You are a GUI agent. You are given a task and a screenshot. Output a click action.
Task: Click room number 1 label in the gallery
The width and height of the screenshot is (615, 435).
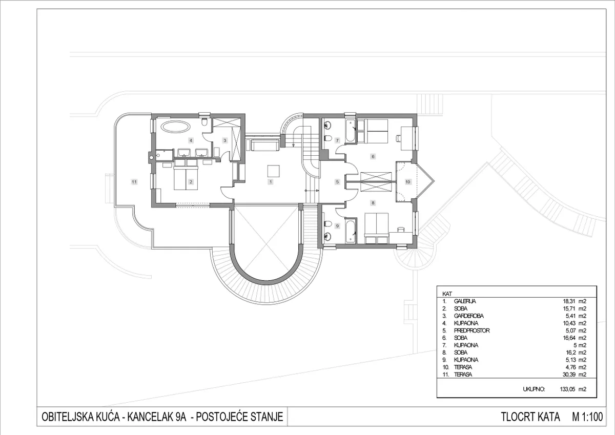pos(271,182)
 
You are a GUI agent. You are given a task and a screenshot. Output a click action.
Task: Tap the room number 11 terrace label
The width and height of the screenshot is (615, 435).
pos(134,182)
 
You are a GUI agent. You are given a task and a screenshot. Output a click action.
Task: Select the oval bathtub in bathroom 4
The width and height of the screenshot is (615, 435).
pos(175,127)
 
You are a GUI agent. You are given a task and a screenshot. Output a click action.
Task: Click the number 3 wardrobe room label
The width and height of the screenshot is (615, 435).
pos(225,140)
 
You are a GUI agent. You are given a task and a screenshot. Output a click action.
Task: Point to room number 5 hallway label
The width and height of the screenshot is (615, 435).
pos(337,182)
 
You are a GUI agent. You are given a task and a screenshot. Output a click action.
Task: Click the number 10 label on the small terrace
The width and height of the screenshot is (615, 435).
pos(408,182)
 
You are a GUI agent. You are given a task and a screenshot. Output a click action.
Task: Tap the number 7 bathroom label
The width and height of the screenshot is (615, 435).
pos(337,140)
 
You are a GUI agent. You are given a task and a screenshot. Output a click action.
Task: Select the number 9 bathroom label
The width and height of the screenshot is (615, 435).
pos(337,226)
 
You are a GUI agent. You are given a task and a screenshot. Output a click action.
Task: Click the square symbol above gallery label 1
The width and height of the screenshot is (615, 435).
pos(274,171)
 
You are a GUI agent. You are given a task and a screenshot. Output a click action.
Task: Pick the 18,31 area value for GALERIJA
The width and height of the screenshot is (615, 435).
pos(569,301)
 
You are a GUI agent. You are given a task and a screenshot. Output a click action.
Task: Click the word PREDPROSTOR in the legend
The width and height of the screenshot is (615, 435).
pos(471,330)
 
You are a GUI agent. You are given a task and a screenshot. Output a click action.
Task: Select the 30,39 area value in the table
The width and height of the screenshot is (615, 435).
pos(569,375)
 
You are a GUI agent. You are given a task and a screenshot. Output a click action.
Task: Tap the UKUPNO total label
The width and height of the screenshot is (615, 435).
pos(534,389)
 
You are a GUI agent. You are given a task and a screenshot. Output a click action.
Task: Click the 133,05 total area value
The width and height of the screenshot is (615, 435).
pos(567,389)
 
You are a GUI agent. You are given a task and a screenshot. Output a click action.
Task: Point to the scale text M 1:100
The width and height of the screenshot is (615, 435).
pos(587,417)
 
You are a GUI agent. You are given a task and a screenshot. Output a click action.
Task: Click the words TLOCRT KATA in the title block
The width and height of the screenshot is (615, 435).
pos(530,417)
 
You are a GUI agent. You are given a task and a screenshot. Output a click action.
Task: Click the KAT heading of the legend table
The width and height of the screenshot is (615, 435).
pos(447,294)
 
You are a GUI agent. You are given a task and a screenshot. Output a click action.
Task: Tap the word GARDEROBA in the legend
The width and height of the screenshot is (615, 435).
pos(468,316)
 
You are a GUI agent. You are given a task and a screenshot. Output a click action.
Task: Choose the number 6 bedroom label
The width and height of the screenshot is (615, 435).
pos(373,157)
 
